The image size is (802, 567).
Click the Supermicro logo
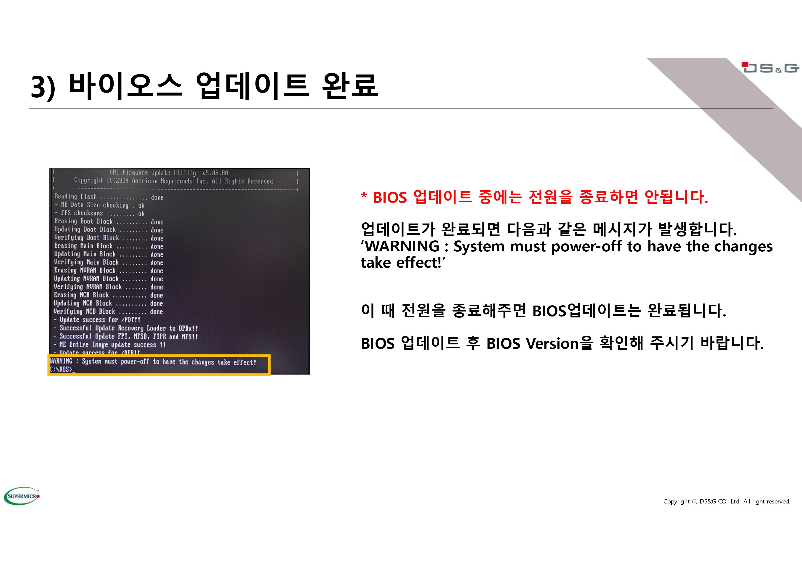[22, 496]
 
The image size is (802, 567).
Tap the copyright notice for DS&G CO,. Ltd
[727, 501]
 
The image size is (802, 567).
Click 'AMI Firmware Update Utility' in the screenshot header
[153, 173]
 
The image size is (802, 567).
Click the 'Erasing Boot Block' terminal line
[109, 221]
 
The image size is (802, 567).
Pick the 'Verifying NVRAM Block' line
[108, 287]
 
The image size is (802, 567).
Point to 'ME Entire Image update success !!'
[110, 344]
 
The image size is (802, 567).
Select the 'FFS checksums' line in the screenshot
[100, 213]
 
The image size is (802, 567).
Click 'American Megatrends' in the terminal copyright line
[163, 181]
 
